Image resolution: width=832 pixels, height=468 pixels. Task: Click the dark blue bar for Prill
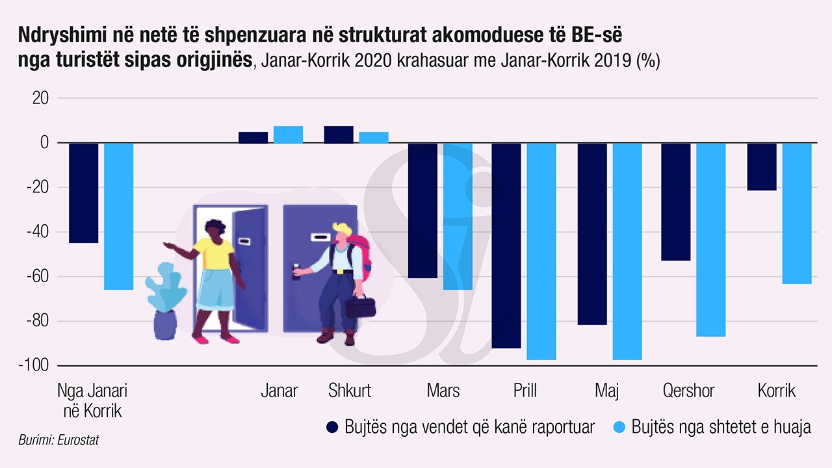(x=506, y=246)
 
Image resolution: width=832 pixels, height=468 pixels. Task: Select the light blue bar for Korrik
(x=796, y=213)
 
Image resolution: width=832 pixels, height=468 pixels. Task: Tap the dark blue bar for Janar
(x=253, y=137)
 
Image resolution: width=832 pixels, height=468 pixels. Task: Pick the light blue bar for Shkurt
(x=374, y=137)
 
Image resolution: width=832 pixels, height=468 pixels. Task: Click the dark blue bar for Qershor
(x=675, y=201)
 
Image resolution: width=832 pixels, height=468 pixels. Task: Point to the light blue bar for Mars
(x=458, y=216)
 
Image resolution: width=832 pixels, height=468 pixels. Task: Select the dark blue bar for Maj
(x=592, y=233)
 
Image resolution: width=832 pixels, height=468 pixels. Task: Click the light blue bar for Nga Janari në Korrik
(x=118, y=216)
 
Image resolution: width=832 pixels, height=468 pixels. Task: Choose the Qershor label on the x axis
(x=688, y=391)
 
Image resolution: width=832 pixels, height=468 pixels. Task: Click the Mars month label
(x=443, y=391)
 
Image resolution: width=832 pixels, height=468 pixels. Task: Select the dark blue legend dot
(x=332, y=427)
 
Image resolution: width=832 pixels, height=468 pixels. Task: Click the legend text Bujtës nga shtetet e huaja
(x=721, y=427)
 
